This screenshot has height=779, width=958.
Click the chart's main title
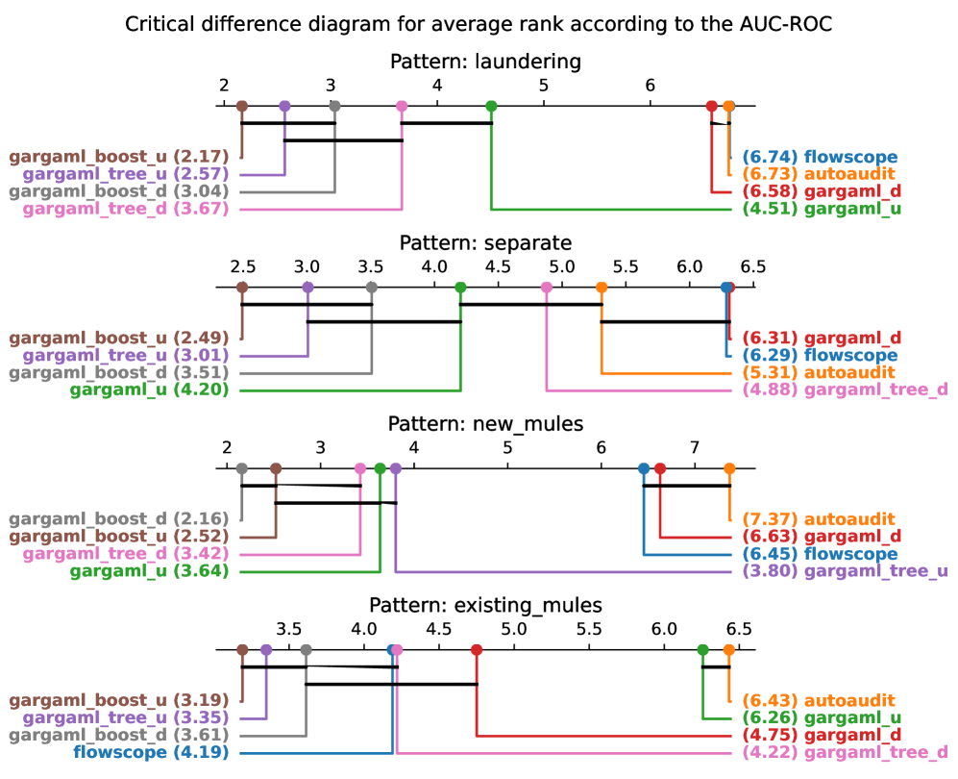tap(479, 24)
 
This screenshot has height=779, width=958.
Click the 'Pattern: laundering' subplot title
tap(485, 62)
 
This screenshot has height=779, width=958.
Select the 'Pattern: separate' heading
tap(485, 242)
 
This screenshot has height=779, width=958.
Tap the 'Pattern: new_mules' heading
tap(484, 423)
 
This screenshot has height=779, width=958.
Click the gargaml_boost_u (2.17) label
tap(119, 157)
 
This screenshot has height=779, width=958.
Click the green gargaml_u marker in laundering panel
tap(491, 106)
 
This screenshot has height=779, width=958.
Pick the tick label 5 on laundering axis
tap(544, 86)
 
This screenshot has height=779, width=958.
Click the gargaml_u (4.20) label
tap(149, 389)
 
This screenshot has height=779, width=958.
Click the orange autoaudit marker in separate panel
tap(602, 288)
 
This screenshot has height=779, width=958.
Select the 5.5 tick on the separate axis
tap(625, 266)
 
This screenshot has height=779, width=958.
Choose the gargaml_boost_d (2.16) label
tap(119, 519)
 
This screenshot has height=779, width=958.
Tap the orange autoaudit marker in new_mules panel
tap(729, 468)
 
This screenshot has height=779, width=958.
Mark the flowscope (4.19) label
tap(151, 752)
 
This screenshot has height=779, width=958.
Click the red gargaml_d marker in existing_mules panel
tap(477, 650)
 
